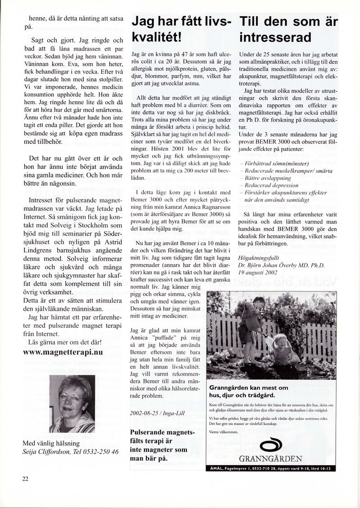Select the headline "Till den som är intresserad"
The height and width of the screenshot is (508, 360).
pos(288,29)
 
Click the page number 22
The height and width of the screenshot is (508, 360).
pos(25,479)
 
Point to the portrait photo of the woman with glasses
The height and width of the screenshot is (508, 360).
pos(72,404)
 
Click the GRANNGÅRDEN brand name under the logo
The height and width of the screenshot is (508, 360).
pos(271,459)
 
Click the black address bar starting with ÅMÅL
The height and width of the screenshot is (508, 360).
pos(271,468)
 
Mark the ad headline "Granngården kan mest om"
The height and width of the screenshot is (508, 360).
pos(249,387)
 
